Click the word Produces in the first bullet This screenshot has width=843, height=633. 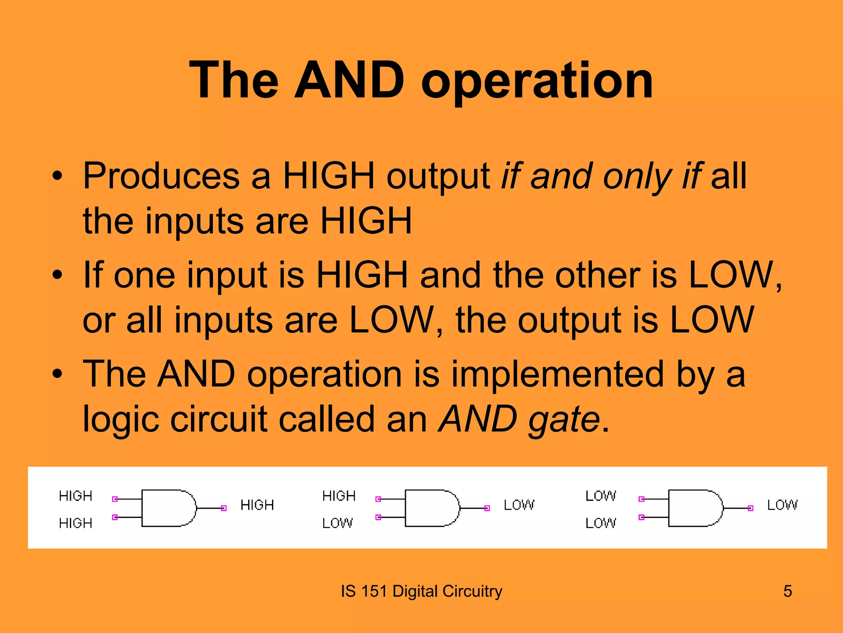(x=161, y=176)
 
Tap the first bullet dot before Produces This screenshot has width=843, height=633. (x=57, y=176)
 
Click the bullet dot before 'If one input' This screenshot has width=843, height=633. (x=57, y=275)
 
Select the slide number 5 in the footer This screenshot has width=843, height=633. (x=787, y=591)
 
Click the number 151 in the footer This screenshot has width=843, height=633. (x=374, y=591)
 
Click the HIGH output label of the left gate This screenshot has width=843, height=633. (x=257, y=505)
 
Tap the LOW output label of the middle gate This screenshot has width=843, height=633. (x=519, y=505)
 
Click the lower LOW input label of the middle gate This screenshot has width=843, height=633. (x=338, y=523)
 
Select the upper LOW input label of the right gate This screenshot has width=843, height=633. (x=601, y=495)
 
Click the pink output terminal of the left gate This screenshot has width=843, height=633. (x=224, y=508)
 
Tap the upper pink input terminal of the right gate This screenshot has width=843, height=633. (x=641, y=499)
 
